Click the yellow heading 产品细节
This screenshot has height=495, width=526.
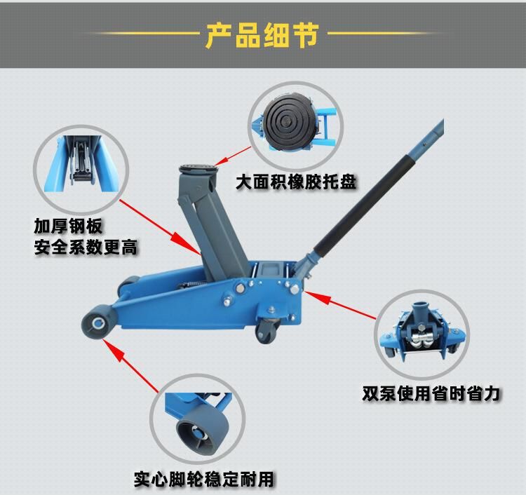(x=262, y=35)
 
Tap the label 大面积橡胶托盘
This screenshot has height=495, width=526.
(x=295, y=182)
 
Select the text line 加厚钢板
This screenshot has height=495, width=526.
(x=68, y=226)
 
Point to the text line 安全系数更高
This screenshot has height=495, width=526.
(x=86, y=247)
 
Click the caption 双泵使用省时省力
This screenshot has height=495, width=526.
(x=431, y=393)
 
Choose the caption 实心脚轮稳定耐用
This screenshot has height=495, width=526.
(x=203, y=480)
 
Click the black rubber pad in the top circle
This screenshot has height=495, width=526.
(x=288, y=123)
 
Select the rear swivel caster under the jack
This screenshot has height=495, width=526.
(x=267, y=330)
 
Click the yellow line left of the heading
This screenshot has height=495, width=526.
(x=140, y=33)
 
